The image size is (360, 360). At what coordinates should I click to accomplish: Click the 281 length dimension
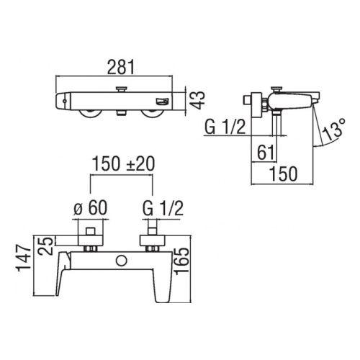click(121, 67)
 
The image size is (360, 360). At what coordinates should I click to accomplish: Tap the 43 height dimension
click(197, 101)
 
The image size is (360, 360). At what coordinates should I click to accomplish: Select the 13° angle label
click(333, 129)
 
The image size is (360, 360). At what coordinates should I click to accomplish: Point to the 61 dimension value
click(266, 153)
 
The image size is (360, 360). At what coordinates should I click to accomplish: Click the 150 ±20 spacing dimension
click(123, 164)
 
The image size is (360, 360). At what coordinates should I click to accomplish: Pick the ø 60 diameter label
click(91, 208)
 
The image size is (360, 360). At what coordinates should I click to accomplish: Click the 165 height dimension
click(181, 261)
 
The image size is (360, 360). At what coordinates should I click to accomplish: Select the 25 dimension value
click(45, 246)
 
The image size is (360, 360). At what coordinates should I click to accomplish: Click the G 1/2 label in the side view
click(225, 127)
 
